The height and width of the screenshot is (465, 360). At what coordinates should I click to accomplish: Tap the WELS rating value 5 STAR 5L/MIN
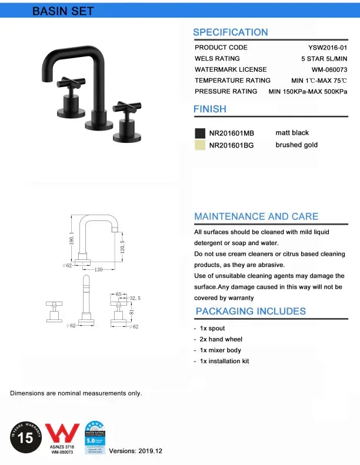[x=323, y=59]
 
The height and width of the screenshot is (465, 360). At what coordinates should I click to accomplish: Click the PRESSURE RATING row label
[x=226, y=92]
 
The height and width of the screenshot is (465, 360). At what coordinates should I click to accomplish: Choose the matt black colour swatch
[x=200, y=133]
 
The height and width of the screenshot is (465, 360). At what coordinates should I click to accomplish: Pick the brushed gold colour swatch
[x=200, y=145]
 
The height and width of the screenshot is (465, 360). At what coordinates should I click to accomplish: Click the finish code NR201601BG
[x=231, y=145]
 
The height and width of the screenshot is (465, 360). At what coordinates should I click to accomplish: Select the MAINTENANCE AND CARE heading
[x=256, y=216]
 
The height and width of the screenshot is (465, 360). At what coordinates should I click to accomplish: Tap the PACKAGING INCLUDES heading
[x=251, y=311]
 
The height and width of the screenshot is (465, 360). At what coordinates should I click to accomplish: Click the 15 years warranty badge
[x=25, y=437]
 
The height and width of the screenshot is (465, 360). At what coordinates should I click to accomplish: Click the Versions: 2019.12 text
[x=136, y=450]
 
